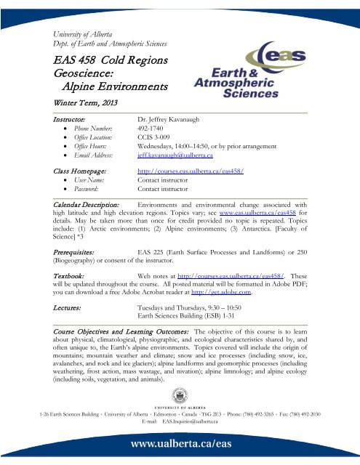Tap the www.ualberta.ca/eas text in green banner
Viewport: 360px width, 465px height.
[x=180, y=444]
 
